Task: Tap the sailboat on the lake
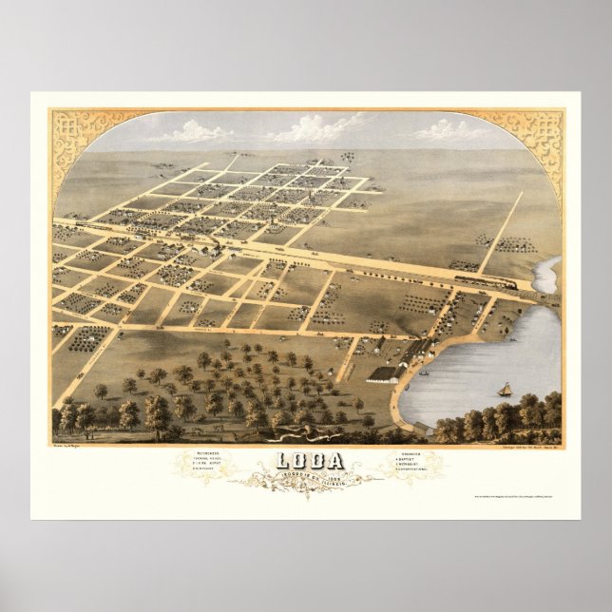[506, 389]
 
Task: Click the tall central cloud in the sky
[323, 126]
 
